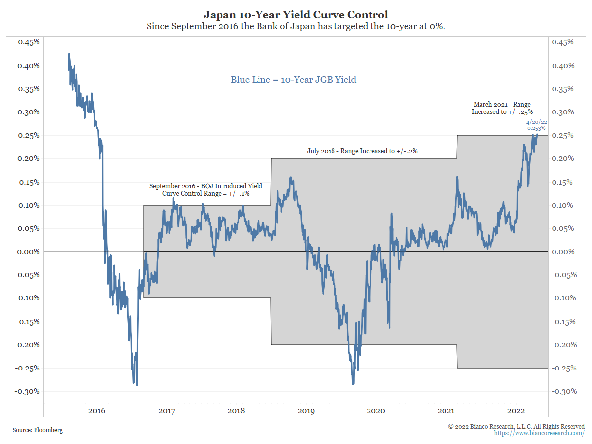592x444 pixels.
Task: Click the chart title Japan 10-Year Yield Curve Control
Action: click(x=296, y=15)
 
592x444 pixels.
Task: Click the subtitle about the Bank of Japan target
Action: click(x=296, y=27)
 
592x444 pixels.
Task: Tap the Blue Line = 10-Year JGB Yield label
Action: click(x=294, y=79)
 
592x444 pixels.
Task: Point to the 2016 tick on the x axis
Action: click(x=96, y=411)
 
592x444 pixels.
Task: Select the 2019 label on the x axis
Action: click(x=306, y=411)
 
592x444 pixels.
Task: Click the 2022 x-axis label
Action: click(x=517, y=411)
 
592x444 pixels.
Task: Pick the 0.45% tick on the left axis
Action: click(x=29, y=42)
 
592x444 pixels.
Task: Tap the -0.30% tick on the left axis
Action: click(x=28, y=391)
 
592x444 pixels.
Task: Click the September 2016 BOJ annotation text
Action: click(x=206, y=190)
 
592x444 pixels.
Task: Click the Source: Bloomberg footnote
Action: click(x=38, y=430)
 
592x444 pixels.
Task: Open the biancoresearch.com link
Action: click(x=539, y=433)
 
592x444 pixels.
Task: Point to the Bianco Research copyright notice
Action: click(x=516, y=426)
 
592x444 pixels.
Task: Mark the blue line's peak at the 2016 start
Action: click(x=69, y=54)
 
